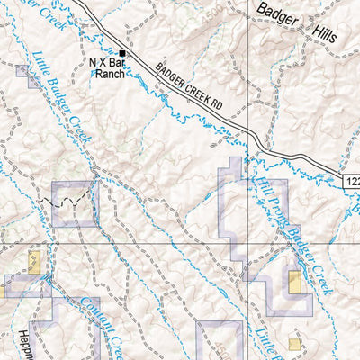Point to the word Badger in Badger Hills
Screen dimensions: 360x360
pos(282,11)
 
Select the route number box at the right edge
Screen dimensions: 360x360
pos(351,182)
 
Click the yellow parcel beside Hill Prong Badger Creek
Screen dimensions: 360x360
pos(294,282)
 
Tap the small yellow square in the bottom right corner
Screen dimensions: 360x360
pos(294,344)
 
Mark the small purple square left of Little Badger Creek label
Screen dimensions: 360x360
pos(32,83)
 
